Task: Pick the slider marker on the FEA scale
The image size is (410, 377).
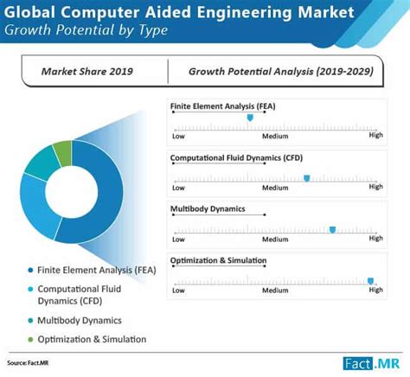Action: (x=251, y=117)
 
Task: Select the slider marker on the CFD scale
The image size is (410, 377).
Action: (x=306, y=178)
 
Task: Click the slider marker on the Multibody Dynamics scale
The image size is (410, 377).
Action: (x=332, y=229)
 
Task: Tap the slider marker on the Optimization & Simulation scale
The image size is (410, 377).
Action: (x=370, y=280)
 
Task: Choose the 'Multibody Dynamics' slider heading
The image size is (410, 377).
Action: (x=208, y=209)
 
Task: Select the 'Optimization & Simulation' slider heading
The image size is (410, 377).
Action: (x=218, y=260)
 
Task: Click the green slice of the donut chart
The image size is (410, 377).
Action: (x=62, y=154)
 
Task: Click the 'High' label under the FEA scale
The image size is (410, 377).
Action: (x=375, y=136)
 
